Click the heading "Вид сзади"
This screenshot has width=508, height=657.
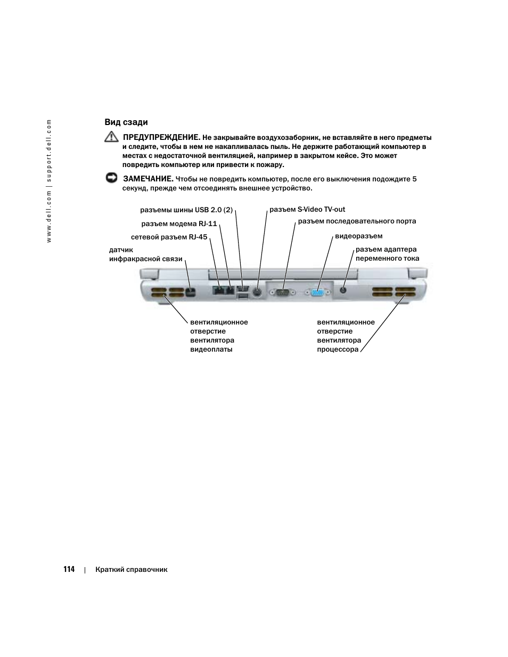pyautogui.click(x=126, y=122)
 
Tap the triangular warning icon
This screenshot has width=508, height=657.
pyautogui.click(x=111, y=137)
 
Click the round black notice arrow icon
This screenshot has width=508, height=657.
pyautogui.click(x=111, y=178)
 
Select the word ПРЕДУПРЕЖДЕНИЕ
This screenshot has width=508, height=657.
pyautogui.click(x=161, y=137)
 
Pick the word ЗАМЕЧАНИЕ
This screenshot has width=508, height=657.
pyautogui.click(x=149, y=179)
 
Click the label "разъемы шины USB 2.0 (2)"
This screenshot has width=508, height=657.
pyautogui.click(x=186, y=210)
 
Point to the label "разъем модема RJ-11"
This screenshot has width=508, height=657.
pyautogui.click(x=179, y=224)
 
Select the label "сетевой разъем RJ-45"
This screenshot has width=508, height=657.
pyautogui.click(x=169, y=237)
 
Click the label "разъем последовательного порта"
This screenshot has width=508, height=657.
pyautogui.click(x=357, y=221)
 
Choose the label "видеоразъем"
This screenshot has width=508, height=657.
pyautogui.click(x=358, y=236)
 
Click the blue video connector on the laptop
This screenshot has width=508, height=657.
pyautogui.click(x=318, y=292)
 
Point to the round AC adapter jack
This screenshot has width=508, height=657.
pyautogui.click(x=343, y=290)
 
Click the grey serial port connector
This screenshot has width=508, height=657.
pyautogui.click(x=282, y=292)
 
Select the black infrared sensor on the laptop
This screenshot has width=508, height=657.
pyautogui.click(x=192, y=292)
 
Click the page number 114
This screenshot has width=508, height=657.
pyautogui.click(x=69, y=569)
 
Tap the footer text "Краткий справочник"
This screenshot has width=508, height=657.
pyautogui.click(x=132, y=570)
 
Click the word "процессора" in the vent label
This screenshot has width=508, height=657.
pyautogui.click(x=338, y=350)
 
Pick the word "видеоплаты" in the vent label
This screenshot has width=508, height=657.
pyautogui.click(x=211, y=350)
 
